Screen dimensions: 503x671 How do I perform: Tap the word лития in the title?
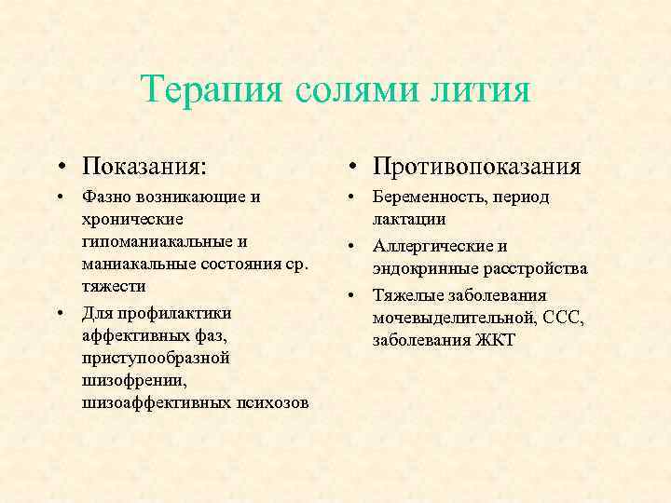pyautogui.click(x=481, y=90)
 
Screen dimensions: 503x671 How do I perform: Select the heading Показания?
pyautogui.click(x=144, y=167)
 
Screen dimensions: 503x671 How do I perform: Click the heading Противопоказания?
pyautogui.click(x=476, y=167)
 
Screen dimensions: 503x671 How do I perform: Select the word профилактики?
pyautogui.click(x=171, y=312)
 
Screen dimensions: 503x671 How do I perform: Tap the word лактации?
pyautogui.click(x=409, y=220)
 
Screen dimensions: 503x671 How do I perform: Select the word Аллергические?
pyautogui.click(x=428, y=246)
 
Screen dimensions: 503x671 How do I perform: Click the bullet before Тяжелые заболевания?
pyautogui.click(x=354, y=295)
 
